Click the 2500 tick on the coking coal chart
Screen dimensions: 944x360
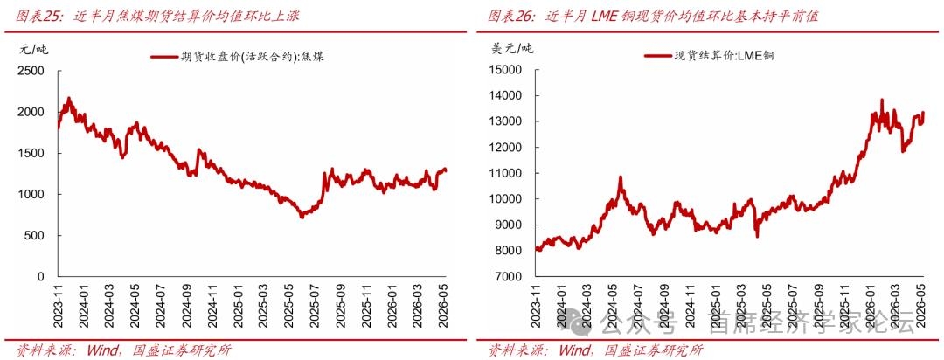(x=32, y=71)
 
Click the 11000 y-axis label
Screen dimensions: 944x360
(x=508, y=173)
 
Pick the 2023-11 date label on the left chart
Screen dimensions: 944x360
(x=59, y=307)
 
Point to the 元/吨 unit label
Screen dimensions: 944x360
(x=33, y=49)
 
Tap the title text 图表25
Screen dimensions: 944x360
(x=38, y=17)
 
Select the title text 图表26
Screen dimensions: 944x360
(x=511, y=17)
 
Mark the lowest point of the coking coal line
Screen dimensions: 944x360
(x=302, y=217)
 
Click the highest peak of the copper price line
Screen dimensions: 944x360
(x=882, y=100)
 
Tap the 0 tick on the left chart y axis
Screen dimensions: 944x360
(x=41, y=277)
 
